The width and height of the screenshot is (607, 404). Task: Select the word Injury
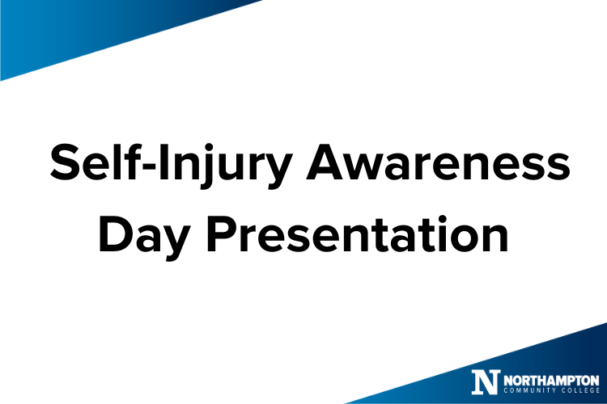click(x=225, y=166)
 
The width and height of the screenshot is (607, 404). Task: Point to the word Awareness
click(x=438, y=162)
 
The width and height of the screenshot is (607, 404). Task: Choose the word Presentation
click(x=358, y=234)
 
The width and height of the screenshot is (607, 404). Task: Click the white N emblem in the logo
click(x=486, y=381)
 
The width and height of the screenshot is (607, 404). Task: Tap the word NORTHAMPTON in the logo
click(x=551, y=380)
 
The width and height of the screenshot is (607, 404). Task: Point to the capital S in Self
click(x=65, y=162)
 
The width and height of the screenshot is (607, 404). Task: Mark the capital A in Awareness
click(x=325, y=162)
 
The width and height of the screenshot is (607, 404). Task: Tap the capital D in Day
click(x=115, y=234)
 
